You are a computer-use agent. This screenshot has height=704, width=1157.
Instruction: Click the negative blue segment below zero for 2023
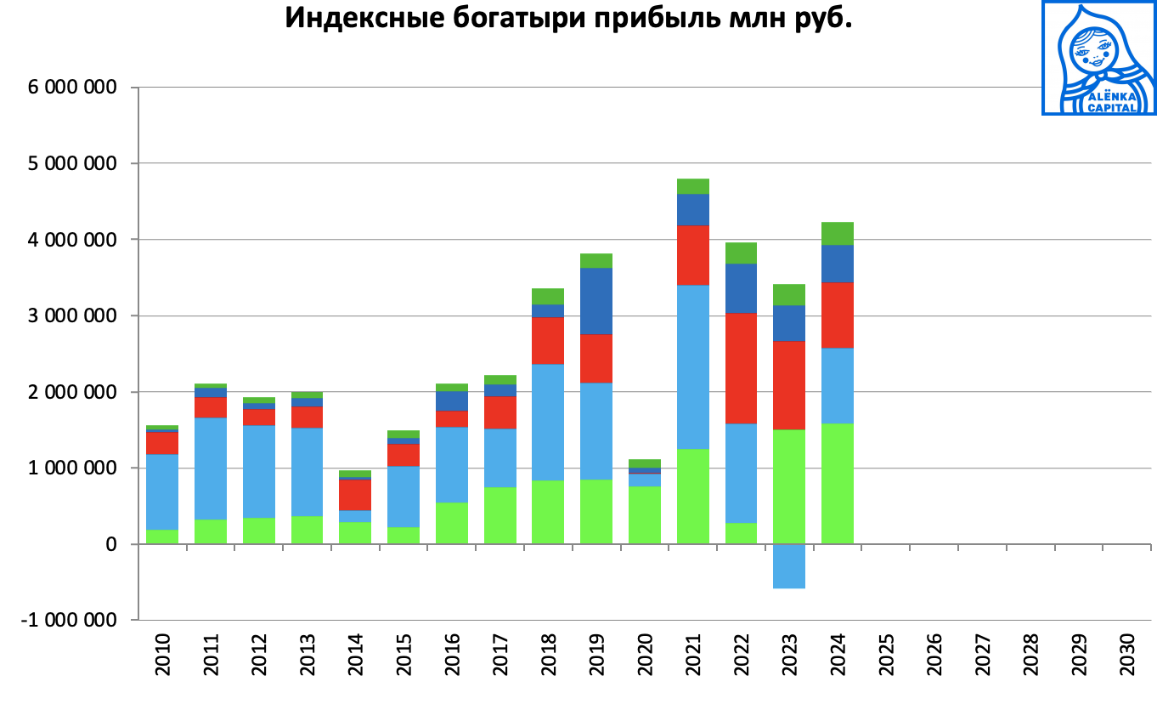click(x=789, y=565)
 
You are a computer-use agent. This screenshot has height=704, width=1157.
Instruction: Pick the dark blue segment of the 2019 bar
click(x=596, y=301)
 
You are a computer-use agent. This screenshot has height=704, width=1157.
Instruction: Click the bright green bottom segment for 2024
click(x=838, y=483)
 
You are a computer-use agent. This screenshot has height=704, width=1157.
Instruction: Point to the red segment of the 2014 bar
click(x=355, y=494)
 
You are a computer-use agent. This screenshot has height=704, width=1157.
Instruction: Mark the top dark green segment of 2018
click(x=548, y=296)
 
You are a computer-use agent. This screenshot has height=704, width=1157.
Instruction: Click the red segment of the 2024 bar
click(x=838, y=315)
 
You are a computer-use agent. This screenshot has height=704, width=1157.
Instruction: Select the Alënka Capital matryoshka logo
click(x=1098, y=58)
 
